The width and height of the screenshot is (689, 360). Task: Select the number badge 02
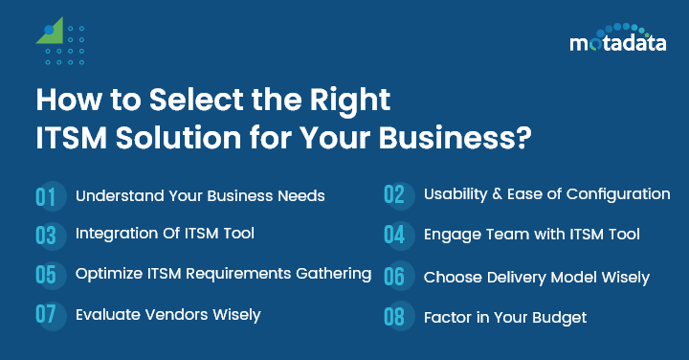click(x=395, y=194)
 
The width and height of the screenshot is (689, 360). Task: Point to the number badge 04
click(x=395, y=235)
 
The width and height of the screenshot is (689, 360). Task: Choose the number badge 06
click(x=395, y=277)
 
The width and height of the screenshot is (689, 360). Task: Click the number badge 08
click(x=395, y=317)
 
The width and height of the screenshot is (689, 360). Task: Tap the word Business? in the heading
click(x=454, y=137)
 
